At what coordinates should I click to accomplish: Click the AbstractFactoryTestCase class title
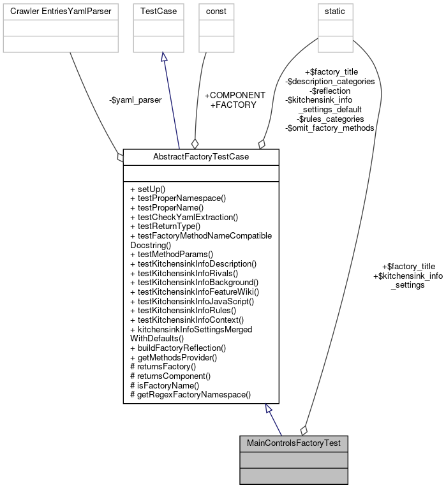coord(200,156)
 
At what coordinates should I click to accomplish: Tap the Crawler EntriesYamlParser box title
coord(61,11)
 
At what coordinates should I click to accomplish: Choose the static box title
coord(336,11)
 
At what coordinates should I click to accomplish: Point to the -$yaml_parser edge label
coord(135,100)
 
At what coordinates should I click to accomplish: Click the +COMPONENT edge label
coord(235,95)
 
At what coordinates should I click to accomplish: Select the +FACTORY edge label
coord(233,104)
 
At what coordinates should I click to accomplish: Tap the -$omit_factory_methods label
coord(329,128)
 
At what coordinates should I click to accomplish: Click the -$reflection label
coord(330,91)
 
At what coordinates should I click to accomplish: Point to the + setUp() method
coord(147,189)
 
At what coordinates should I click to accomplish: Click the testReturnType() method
coord(165,226)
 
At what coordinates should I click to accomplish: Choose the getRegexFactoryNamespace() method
coord(190,395)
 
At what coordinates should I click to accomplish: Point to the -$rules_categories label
coord(330,119)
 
